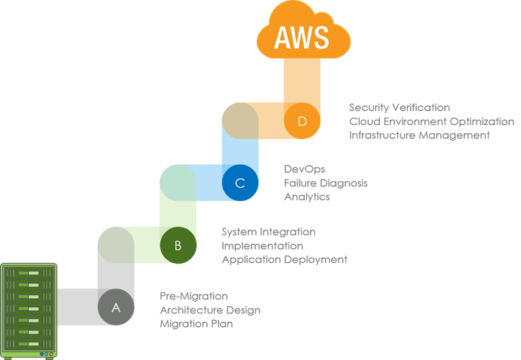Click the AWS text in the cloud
tap(301, 38)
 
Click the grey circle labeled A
tap(116, 307)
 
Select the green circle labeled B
tap(177, 242)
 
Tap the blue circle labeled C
tap(239, 182)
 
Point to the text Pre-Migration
tap(194, 296)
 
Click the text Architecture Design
tap(210, 310)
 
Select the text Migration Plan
tap(196, 324)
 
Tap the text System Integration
tap(269, 232)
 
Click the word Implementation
tap(262, 246)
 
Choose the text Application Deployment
tap(284, 260)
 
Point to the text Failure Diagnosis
tap(325, 183)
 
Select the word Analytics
tap(307, 197)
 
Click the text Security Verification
tap(400, 107)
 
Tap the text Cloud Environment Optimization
tap(432, 121)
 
